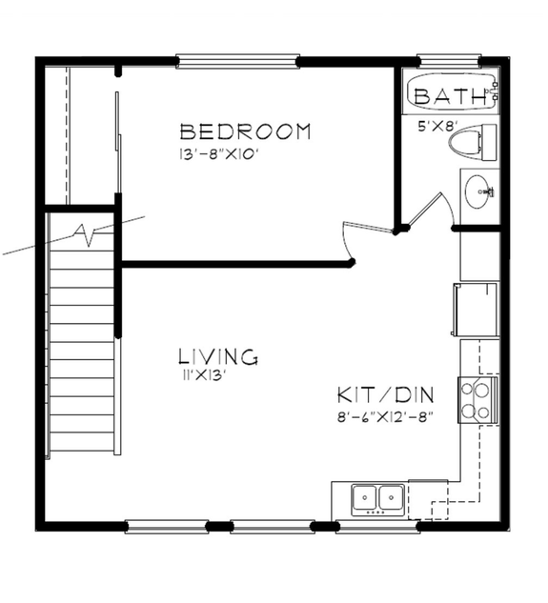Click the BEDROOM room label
tap(245, 131)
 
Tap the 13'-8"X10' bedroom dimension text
tap(217, 153)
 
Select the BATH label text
tap(448, 96)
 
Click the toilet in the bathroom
tap(473, 144)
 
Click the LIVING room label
tap(218, 357)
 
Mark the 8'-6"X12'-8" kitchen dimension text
tap(386, 416)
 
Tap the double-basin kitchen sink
tap(376, 496)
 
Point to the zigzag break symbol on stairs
tap(89, 232)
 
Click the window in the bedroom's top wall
tap(237, 62)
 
